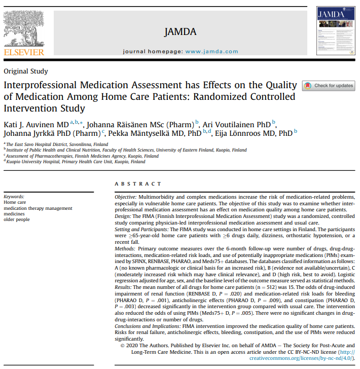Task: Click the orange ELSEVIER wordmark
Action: (24, 52)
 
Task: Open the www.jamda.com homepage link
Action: (212, 52)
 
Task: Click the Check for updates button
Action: (329, 86)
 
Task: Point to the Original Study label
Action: (26, 71)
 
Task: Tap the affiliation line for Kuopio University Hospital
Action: (76, 162)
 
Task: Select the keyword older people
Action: (17, 219)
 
